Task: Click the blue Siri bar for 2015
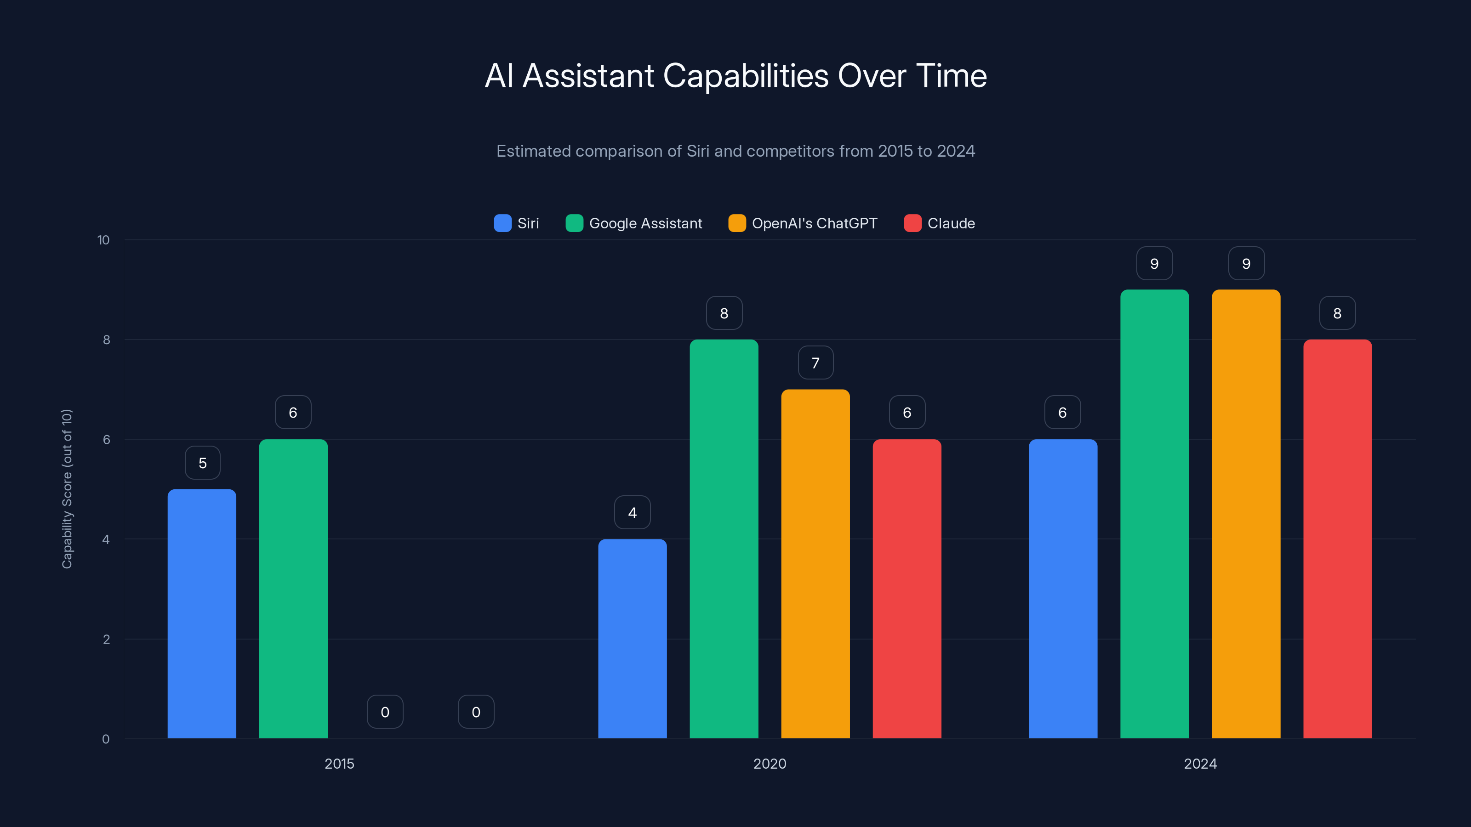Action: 202,613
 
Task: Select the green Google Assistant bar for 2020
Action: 724,539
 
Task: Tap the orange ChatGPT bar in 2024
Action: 1245,514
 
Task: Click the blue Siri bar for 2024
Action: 1063,589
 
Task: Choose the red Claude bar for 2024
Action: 1337,539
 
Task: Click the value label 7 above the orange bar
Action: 815,363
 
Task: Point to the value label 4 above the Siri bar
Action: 632,513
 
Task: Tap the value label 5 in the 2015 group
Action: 202,463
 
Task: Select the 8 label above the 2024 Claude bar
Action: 1337,313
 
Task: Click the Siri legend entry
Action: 516,223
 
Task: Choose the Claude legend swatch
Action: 912,223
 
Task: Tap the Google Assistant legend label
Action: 645,223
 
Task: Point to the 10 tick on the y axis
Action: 103,240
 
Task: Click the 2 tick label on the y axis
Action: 106,639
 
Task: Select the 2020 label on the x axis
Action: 769,764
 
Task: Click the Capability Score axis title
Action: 67,488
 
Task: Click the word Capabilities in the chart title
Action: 745,76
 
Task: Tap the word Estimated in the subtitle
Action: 533,151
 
